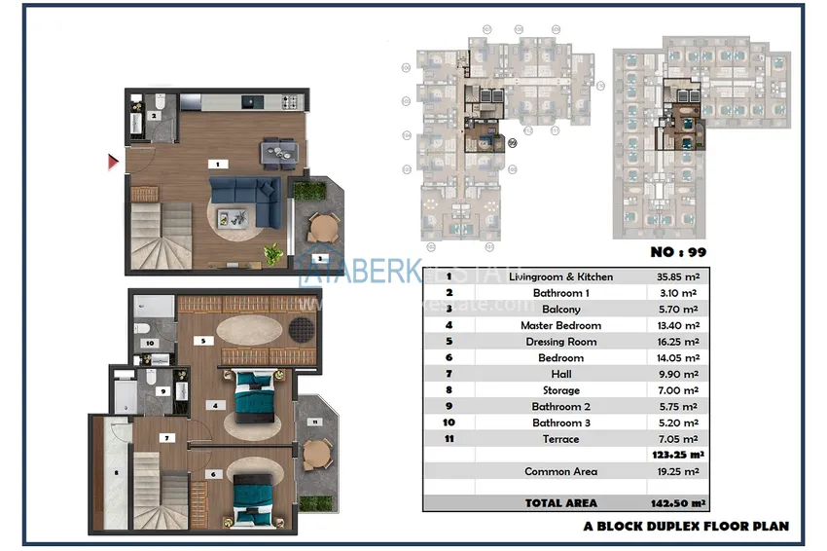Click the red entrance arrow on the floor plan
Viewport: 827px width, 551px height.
(x=113, y=162)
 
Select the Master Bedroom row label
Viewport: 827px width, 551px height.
(x=560, y=325)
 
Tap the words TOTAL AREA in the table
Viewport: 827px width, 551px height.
(x=561, y=503)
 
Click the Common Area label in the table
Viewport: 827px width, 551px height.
(x=560, y=471)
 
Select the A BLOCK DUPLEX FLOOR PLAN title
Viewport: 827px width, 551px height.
(x=686, y=526)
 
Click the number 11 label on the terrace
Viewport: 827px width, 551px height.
(x=314, y=422)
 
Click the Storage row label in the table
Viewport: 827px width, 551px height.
(x=560, y=390)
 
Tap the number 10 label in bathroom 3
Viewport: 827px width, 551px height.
(x=150, y=344)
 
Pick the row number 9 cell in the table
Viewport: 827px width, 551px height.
(x=449, y=406)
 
